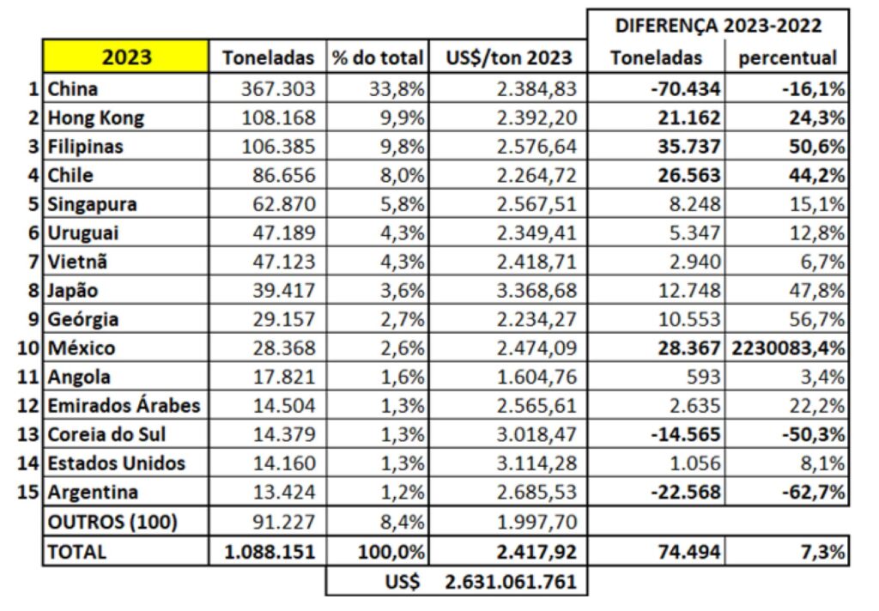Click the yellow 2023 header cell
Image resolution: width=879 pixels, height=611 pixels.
coord(126,57)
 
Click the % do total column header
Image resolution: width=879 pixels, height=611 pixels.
coord(378,58)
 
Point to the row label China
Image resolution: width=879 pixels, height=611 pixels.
coord(73,88)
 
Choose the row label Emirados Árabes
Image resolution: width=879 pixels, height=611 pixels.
coord(124,406)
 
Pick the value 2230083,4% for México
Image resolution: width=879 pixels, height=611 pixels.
coord(787,348)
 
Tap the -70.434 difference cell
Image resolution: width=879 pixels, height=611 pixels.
coord(684,88)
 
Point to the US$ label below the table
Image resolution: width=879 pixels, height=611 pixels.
coord(403,582)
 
